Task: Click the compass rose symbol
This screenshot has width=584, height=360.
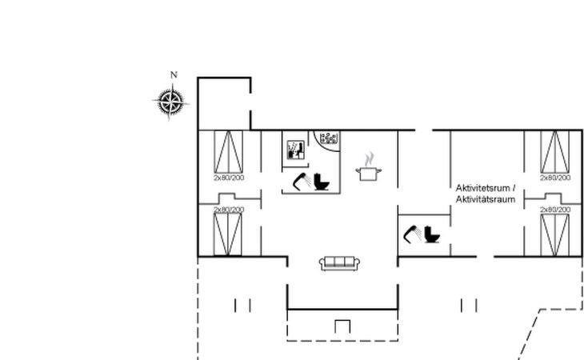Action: pos(171,102)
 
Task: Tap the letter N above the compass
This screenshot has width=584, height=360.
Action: pos(174,75)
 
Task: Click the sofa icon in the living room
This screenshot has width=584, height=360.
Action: pos(340,263)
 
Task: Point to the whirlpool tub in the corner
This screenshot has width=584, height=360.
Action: pos(329,138)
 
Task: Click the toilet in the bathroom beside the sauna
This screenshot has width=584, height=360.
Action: pos(322,182)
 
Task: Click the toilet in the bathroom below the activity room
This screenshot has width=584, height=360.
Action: pos(432,234)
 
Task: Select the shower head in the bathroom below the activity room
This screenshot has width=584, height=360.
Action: pos(413,234)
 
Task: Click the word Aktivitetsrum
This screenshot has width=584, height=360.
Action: pos(482,188)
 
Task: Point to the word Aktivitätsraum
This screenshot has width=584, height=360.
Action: pos(486,199)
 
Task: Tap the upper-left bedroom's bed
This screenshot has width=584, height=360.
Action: pos(228,152)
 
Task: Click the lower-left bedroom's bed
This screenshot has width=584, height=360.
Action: pos(227,234)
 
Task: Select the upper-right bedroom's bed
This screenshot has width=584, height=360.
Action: pos(555,152)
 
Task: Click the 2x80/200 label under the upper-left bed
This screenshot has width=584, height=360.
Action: pos(229,178)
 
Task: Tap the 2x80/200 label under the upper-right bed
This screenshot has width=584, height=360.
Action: pos(555,178)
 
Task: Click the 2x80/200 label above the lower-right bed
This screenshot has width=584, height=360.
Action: pos(555,210)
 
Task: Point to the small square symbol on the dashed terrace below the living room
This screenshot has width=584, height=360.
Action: pos(342,326)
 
